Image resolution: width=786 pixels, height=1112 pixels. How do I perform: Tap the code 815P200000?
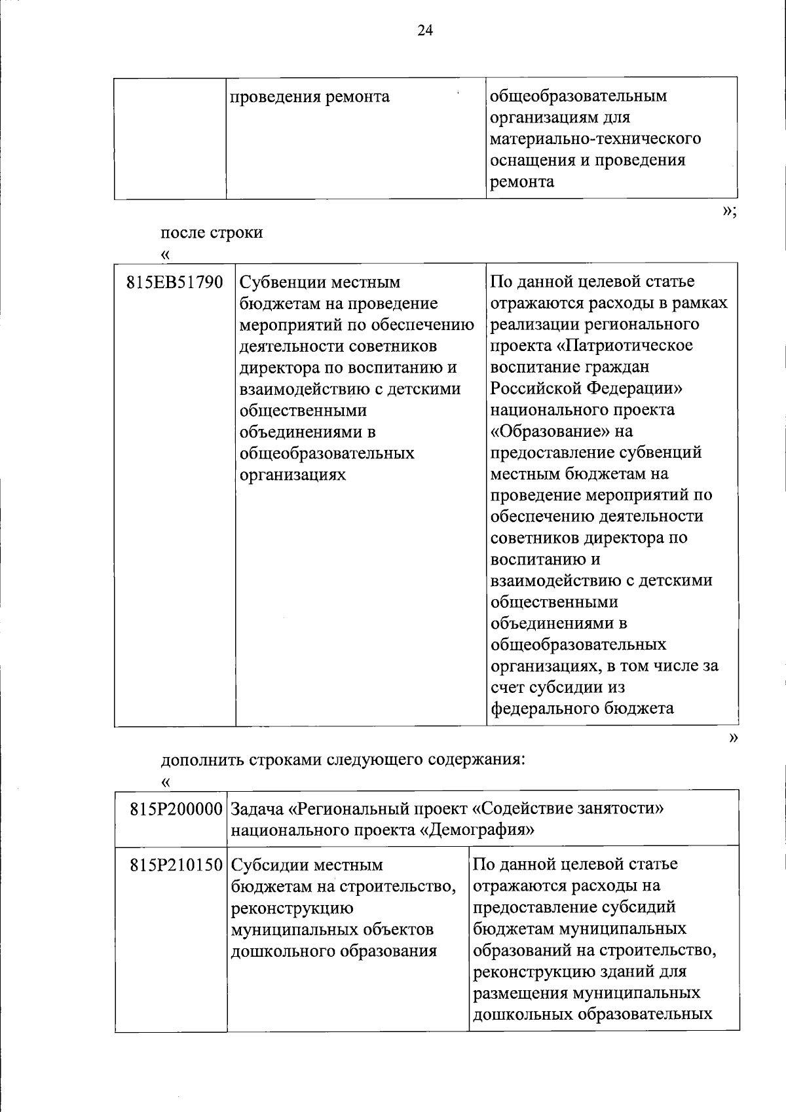point(177,809)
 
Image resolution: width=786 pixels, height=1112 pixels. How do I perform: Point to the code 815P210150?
point(177,865)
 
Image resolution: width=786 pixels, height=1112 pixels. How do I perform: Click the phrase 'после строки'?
point(212,232)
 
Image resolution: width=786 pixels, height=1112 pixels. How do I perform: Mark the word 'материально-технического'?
point(595,139)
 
